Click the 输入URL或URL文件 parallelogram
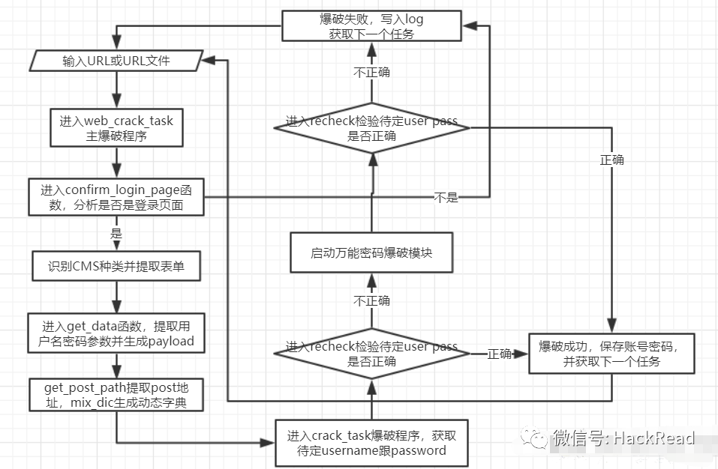(x=116, y=61)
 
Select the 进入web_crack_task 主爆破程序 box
(x=116, y=128)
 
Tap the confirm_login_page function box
(x=116, y=198)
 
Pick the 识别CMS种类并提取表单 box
(x=116, y=265)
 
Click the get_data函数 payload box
(x=116, y=333)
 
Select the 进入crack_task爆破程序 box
(x=371, y=442)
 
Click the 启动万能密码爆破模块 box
(x=371, y=252)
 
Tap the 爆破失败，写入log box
(x=371, y=26)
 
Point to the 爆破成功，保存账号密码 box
(x=611, y=354)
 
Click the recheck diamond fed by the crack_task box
(x=371, y=354)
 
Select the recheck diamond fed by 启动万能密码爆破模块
(x=371, y=128)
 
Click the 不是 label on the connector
(x=446, y=198)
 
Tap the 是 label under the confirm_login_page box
(x=116, y=233)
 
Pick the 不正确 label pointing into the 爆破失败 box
(x=371, y=73)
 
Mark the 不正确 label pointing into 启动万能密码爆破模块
(x=371, y=300)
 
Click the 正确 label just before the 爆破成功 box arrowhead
(x=500, y=354)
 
